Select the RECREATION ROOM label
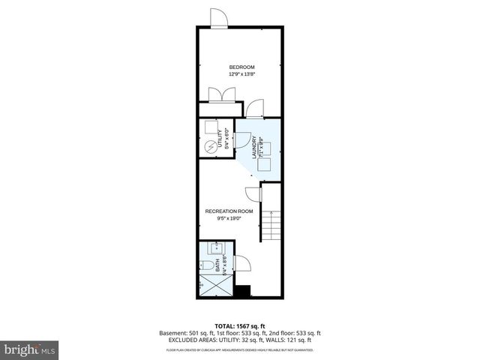pos(229,211)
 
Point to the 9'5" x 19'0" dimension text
pos(229,219)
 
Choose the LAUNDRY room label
pos(255,145)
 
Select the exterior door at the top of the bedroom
pos(217,19)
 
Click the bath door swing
pos(241,265)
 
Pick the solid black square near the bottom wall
pos(241,292)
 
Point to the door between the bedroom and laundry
pos(255,109)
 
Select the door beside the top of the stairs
pos(255,196)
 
